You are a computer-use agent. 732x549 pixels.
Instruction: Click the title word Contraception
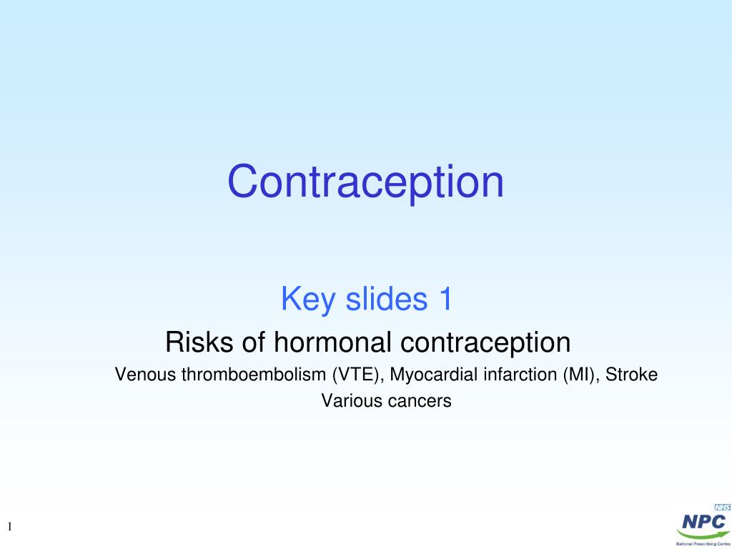(x=365, y=182)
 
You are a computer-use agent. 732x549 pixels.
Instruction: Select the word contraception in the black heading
(x=485, y=342)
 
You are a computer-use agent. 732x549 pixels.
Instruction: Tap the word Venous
(x=146, y=375)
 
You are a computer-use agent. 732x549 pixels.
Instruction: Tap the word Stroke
(x=631, y=375)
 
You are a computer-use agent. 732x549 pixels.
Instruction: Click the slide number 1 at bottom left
(x=11, y=527)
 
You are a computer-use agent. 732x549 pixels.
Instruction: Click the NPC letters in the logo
(x=704, y=521)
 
